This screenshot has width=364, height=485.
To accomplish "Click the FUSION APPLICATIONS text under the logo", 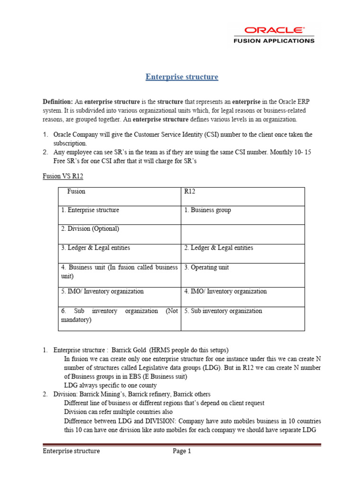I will (x=273, y=41).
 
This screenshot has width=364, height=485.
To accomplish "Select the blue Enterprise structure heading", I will (x=182, y=77).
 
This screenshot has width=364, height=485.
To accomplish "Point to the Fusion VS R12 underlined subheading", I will (x=59, y=176).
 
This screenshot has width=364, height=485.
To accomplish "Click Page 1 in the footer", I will (x=182, y=451).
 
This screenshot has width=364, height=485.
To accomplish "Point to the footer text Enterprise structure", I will (x=72, y=451).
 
